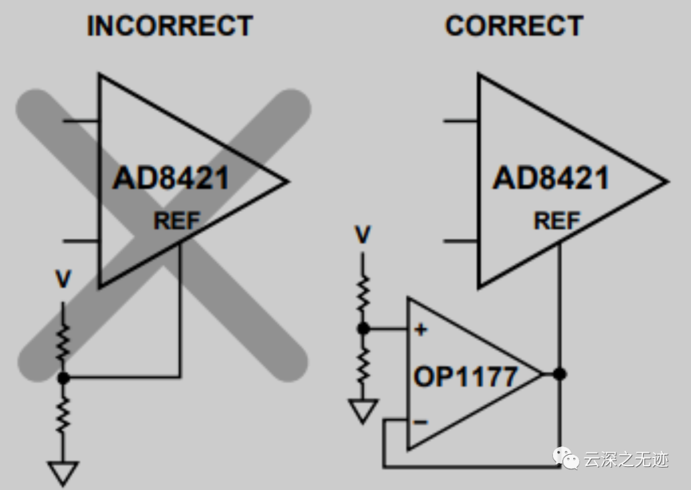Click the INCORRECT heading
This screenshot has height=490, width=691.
tap(170, 26)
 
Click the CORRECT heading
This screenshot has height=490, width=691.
tap(514, 26)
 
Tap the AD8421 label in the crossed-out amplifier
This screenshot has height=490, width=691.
tap(170, 178)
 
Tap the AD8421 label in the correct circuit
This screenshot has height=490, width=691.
tap(550, 178)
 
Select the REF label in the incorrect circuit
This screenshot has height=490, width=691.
tap(177, 221)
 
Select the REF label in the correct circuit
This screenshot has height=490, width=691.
tap(557, 221)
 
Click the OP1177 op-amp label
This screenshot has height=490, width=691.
tap(465, 376)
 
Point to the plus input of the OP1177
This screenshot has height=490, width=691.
tap(420, 330)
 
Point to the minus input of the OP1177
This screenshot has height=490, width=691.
tap(420, 421)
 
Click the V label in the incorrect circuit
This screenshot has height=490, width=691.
tap(63, 280)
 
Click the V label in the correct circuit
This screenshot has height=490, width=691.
tap(363, 235)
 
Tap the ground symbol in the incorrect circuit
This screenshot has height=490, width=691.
tap(63, 473)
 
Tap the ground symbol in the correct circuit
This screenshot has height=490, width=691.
tap(363, 410)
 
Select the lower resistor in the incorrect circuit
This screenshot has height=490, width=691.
tap(63, 413)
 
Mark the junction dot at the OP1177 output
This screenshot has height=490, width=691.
tap(560, 374)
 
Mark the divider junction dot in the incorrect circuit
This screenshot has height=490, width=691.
tap(63, 378)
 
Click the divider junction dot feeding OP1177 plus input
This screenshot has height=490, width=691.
tap(363, 329)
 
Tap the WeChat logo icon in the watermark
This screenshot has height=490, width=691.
tap(566, 459)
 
